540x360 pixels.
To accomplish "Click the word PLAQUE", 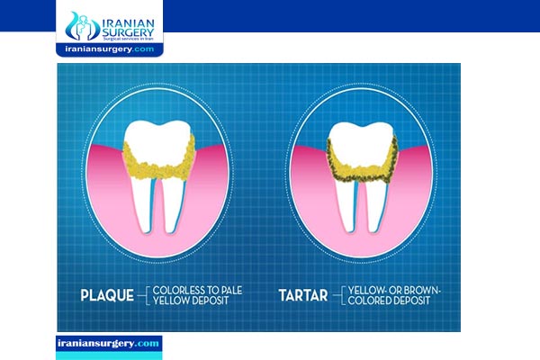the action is pos(107,295).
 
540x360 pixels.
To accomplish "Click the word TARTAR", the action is pos(303,295).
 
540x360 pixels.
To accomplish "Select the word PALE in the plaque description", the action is pos(232,290).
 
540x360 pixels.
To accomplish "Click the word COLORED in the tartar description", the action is pos(370,301).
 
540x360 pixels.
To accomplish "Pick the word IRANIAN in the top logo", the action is pos(128,23).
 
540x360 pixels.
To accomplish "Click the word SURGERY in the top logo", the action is pos(128,33).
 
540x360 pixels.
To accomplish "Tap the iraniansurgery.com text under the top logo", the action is pos(110,49).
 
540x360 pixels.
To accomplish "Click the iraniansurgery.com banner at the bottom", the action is pos(109,344).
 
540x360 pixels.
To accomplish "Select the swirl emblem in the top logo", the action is pos(82,26).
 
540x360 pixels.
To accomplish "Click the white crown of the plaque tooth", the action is pos(157,141).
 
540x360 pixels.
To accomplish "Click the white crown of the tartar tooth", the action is pos(361,143).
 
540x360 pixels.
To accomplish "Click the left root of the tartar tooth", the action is pos(346,206).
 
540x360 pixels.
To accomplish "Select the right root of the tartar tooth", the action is pos(375,206).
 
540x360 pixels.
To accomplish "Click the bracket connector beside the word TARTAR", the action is pos(339,295).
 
